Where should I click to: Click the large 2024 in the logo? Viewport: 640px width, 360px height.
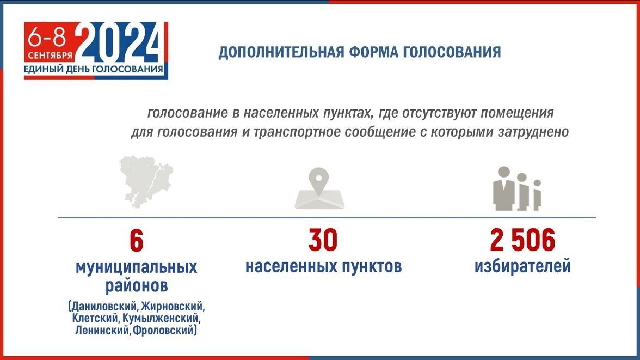(x=120, y=43)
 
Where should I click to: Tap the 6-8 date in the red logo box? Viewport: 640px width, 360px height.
(x=47, y=39)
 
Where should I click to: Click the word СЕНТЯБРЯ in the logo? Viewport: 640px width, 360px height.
(x=50, y=56)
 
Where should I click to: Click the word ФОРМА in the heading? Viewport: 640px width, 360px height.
(x=373, y=53)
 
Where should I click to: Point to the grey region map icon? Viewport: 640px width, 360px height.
(x=146, y=181)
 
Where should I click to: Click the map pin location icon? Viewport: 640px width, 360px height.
(x=319, y=188)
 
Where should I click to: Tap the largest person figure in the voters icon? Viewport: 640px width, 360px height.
(x=504, y=188)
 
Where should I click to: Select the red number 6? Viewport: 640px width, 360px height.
(x=136, y=241)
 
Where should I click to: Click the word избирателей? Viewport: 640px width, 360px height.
(x=522, y=266)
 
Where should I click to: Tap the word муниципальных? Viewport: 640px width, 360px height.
(x=136, y=267)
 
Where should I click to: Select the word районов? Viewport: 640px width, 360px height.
(x=136, y=285)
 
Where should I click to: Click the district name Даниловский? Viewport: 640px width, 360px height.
(x=105, y=306)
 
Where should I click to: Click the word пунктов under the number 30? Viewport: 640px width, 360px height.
(x=371, y=266)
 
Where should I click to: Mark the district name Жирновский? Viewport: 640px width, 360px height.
(x=173, y=306)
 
